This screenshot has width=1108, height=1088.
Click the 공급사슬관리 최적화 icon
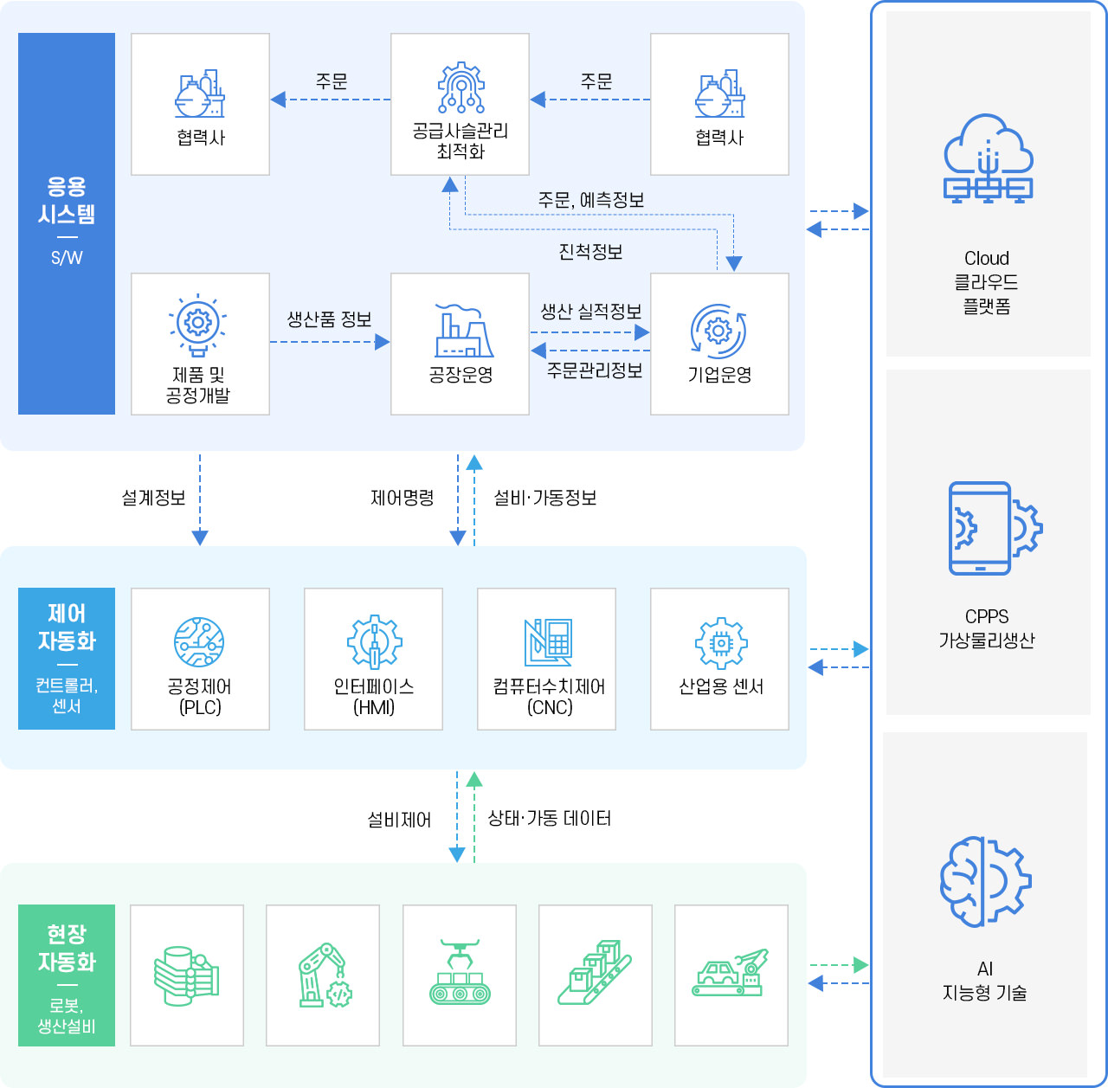click(461, 88)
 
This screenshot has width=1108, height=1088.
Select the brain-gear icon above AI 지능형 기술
click(985, 881)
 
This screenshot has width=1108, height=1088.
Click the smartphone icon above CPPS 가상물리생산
click(987, 528)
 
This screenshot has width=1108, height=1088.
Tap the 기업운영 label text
click(719, 376)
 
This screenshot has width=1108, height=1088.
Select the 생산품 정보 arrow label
click(329, 319)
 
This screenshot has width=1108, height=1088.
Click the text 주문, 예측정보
click(591, 201)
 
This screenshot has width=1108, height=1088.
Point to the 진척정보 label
click(590, 252)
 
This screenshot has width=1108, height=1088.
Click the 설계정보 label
click(153, 498)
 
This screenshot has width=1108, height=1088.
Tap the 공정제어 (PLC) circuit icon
click(199, 642)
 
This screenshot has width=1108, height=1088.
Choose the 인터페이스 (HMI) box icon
click(374, 642)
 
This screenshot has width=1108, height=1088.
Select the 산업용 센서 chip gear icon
click(720, 642)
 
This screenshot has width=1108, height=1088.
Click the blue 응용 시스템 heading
click(67, 201)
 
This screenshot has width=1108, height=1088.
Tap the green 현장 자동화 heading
click(67, 948)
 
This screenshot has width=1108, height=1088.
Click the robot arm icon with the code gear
click(323, 975)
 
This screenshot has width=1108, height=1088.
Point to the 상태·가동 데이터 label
click(549, 819)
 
